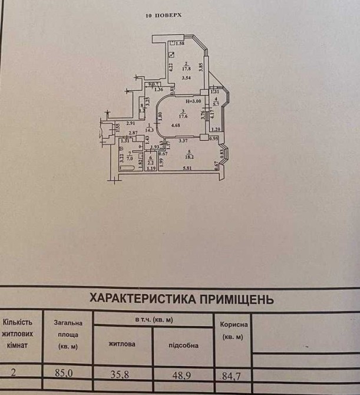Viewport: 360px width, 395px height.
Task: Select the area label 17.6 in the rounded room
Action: coord(183,116)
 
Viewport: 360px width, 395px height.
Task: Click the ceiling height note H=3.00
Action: coord(185,102)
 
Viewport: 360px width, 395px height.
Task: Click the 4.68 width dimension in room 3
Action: coord(176,126)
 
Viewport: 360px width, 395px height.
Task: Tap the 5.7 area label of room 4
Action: coord(216,104)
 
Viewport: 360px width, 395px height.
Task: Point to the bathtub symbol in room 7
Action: coord(128,169)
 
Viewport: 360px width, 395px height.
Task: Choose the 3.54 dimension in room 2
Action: coord(186,78)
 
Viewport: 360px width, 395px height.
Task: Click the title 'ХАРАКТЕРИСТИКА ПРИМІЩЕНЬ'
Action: coord(181,299)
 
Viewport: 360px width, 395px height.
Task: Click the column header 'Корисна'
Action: coord(234,325)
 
